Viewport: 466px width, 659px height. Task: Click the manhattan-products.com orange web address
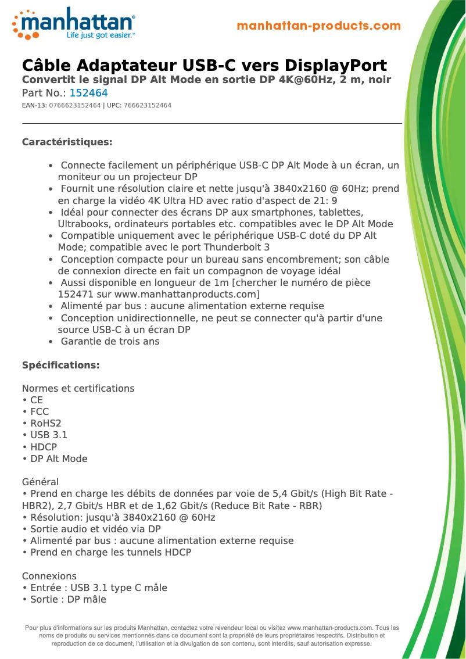coord(319,26)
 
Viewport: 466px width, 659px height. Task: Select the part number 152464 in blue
coord(88,93)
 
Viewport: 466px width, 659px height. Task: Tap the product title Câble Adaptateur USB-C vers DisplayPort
coord(204,65)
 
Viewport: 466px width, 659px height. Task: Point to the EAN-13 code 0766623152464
coord(75,106)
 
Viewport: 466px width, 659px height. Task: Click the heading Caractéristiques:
coord(67,142)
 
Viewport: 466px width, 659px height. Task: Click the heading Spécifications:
coord(60,366)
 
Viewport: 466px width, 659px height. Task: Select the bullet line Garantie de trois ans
coord(110,342)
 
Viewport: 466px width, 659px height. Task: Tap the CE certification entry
coord(36,400)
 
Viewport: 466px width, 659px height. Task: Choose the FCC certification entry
coord(39,412)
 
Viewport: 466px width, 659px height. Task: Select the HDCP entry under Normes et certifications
coord(43,447)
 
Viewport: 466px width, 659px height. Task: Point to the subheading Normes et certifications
coord(78,389)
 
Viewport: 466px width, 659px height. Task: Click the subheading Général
coord(40,482)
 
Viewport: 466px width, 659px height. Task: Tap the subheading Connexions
coord(49,576)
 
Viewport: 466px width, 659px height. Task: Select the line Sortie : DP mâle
coord(67,600)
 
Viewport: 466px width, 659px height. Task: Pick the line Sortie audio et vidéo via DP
coord(95,529)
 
